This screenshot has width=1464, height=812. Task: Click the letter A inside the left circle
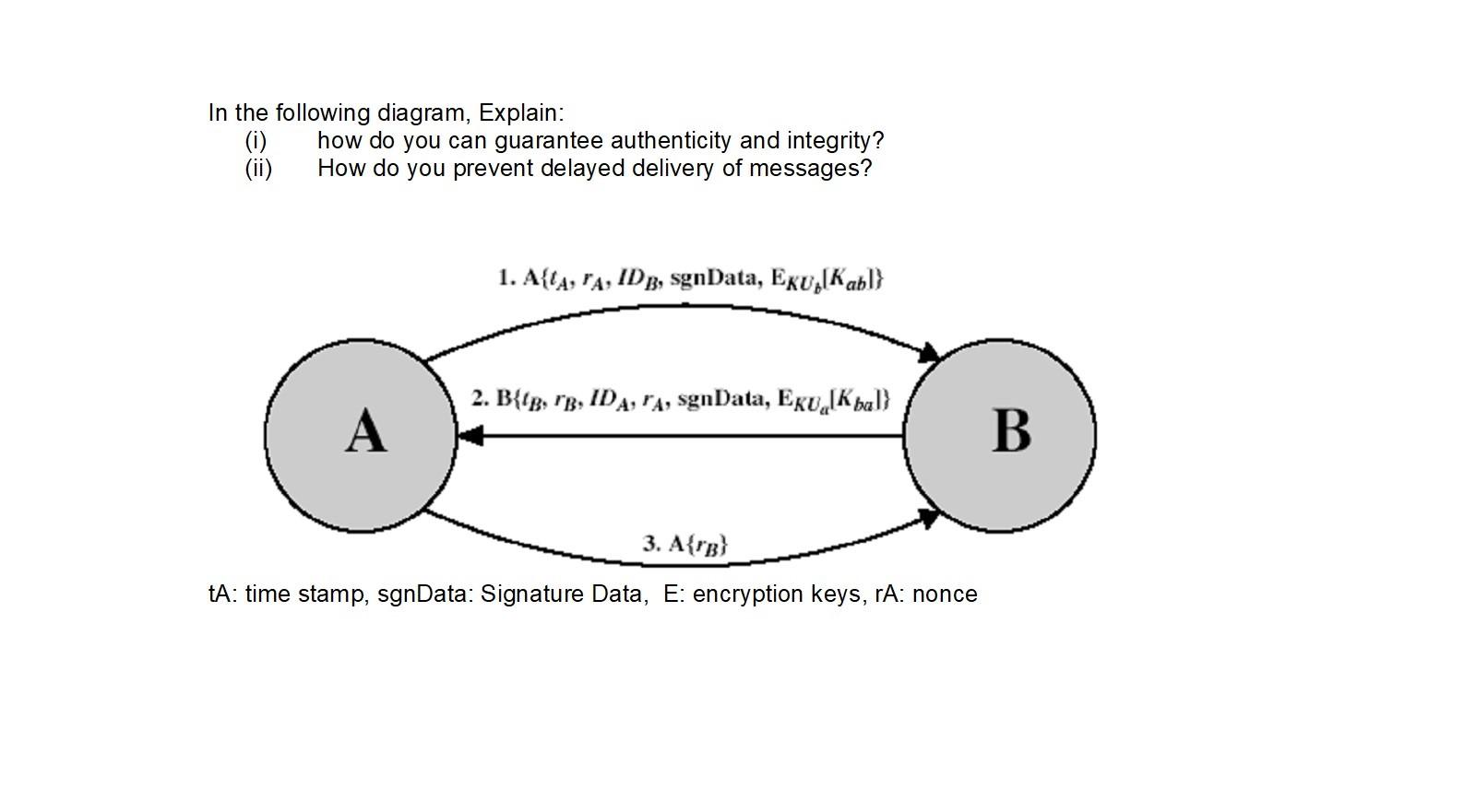pos(365,431)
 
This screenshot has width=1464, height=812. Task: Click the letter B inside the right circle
pos(1010,430)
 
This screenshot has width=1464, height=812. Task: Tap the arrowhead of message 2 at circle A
pos(470,435)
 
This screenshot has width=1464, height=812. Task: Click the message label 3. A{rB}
pos(685,544)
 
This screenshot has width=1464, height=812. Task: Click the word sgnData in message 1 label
pos(716,277)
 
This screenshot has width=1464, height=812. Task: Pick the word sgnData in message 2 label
pos(722,398)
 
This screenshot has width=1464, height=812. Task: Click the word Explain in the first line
pos(520,113)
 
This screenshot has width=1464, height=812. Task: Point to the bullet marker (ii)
pos(258,169)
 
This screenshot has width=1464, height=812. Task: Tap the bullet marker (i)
pos(256,141)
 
